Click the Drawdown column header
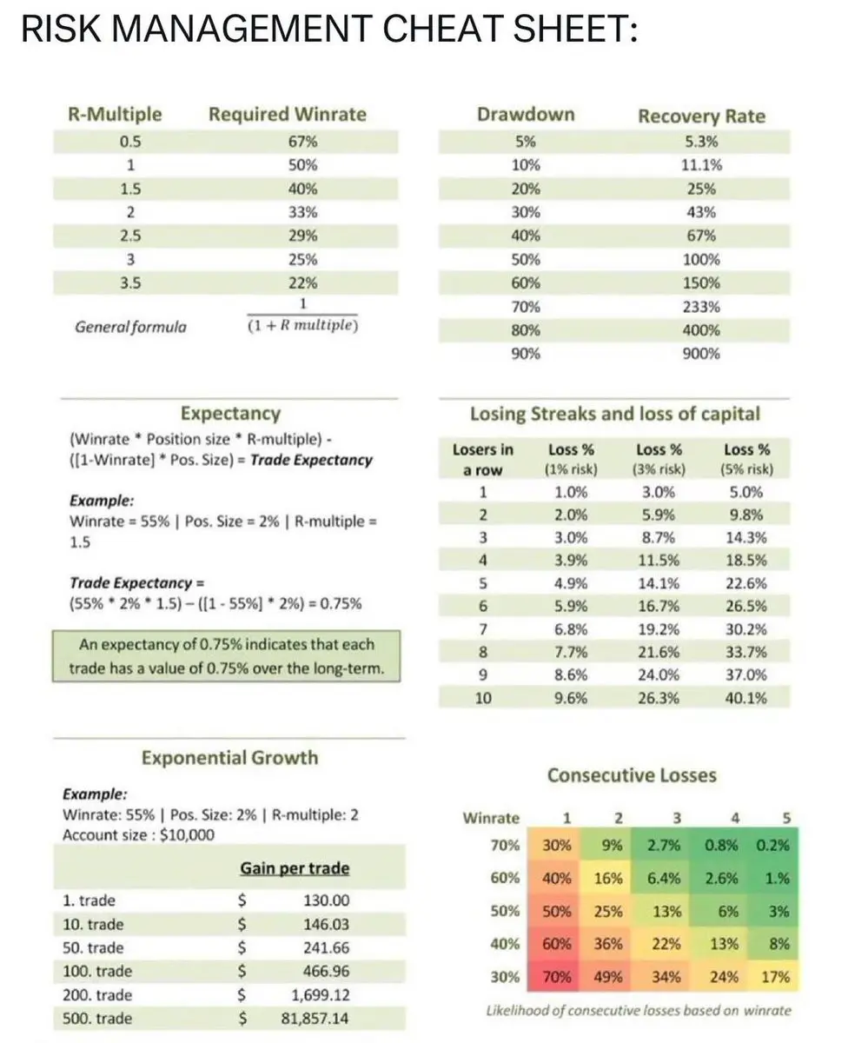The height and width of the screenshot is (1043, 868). coord(525,115)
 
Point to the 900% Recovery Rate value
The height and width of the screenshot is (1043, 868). coord(700,354)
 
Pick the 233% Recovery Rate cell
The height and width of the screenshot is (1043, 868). coord(700,306)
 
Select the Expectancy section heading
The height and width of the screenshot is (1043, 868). coord(230,414)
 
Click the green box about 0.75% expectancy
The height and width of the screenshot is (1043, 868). coord(226,657)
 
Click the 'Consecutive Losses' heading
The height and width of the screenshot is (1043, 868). coord(632,775)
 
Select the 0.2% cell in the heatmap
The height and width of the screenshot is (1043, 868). coord(772,845)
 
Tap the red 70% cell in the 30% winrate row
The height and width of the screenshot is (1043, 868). coord(556,977)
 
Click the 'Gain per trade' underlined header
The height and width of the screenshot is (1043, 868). coord(295,868)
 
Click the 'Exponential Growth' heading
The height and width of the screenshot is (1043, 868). coord(229,758)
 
